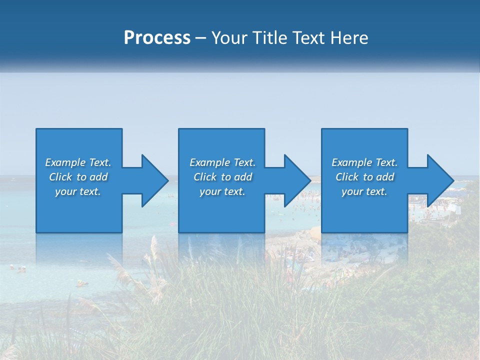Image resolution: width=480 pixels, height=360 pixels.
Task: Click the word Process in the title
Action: point(157,38)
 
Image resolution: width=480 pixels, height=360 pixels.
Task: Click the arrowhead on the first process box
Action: point(154,180)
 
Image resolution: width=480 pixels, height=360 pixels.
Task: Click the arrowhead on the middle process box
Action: point(297,180)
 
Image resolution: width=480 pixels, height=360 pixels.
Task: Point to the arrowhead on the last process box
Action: point(440,180)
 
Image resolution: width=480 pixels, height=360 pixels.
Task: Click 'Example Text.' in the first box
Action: point(78,162)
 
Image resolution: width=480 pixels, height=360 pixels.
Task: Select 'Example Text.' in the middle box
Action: point(222,162)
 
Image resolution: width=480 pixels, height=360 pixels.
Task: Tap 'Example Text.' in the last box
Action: point(364,162)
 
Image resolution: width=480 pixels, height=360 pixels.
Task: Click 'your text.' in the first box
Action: point(78,191)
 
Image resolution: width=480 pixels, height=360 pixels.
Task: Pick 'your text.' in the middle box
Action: point(222,191)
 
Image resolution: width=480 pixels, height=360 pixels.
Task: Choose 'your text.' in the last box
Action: point(364,191)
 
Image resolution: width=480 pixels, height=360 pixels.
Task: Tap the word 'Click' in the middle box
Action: point(205,177)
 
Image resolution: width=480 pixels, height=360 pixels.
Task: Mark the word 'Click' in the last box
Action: point(347,177)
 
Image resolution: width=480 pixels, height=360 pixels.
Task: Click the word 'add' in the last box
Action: point(385,177)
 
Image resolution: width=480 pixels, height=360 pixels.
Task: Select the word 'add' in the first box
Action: point(98,177)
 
